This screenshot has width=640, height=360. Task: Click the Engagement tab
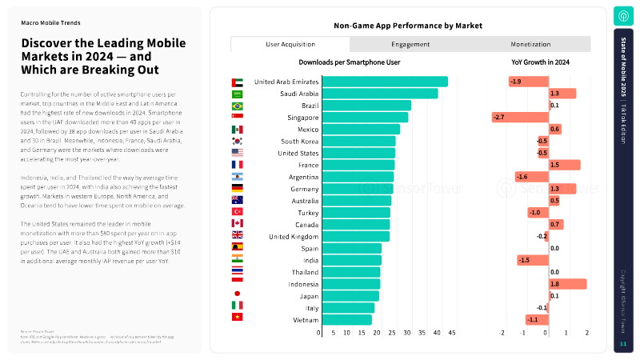(x=410, y=45)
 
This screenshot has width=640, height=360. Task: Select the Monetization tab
(x=530, y=45)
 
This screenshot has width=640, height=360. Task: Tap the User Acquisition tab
(x=290, y=45)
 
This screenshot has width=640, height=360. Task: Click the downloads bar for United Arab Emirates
(x=383, y=82)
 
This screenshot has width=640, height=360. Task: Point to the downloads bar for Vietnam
(x=346, y=320)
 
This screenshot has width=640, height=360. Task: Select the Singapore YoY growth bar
(x=520, y=118)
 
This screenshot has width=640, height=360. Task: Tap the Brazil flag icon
(x=237, y=106)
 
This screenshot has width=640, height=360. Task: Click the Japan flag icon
(x=237, y=296)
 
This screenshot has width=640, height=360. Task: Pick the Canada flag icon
(x=237, y=224)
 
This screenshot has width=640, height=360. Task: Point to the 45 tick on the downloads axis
(x=451, y=333)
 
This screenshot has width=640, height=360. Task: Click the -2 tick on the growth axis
(x=502, y=333)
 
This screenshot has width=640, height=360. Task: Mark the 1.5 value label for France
(x=555, y=165)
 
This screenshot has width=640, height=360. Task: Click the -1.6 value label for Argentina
(x=522, y=177)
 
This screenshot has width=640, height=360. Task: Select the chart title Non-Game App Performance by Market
(x=408, y=26)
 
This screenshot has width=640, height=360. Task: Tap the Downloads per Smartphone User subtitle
(x=350, y=62)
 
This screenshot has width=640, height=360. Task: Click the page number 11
(x=623, y=344)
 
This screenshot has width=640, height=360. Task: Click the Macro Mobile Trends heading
(x=50, y=23)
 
